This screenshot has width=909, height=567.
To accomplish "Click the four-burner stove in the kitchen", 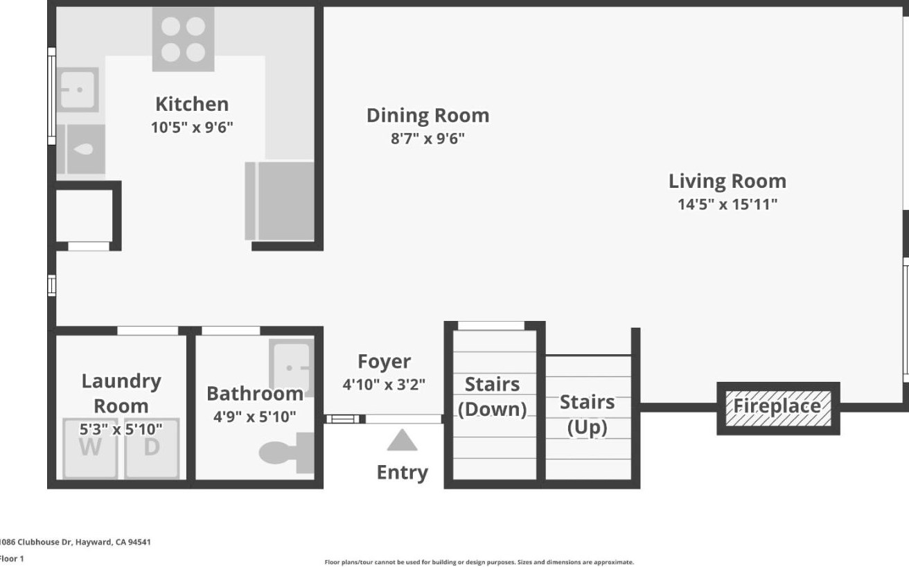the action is [184, 40].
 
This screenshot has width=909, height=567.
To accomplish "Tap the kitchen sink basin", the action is [78, 89].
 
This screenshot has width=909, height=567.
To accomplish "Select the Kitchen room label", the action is [192, 104].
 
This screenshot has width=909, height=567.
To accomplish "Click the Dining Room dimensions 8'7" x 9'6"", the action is [427, 139].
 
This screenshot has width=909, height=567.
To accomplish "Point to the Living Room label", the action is [727, 181].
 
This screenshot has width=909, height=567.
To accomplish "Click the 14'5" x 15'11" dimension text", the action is [727, 204].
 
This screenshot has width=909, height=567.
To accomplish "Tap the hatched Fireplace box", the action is [778, 408].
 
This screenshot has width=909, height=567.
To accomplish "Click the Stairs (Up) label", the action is [588, 415].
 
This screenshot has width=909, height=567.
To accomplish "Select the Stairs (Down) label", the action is [492, 396].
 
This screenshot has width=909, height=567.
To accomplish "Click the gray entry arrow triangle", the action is [402, 441].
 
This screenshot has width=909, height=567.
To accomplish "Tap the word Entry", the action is [402, 473].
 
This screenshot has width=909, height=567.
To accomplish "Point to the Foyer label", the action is [384, 361].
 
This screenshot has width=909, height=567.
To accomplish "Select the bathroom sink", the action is [292, 367].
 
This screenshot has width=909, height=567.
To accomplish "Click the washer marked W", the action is [90, 448].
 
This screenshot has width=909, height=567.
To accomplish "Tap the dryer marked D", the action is [152, 448].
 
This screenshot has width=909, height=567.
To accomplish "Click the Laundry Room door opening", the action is [148, 331].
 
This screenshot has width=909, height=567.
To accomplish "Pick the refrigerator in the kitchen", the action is [280, 201].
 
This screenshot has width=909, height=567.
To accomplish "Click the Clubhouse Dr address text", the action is [76, 542].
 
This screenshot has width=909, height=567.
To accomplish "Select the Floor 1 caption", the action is [12, 559].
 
